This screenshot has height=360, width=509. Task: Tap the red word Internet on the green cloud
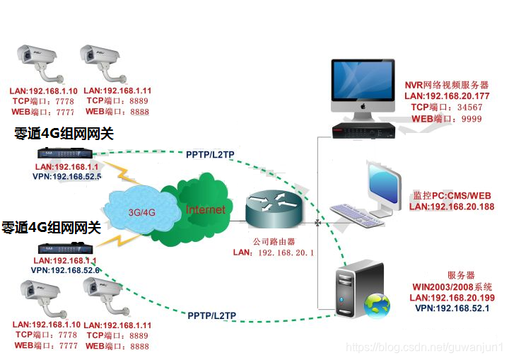[x=205, y=209]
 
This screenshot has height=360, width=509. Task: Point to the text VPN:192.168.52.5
[x=67, y=176]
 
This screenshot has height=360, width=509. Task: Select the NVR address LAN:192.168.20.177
[x=447, y=96]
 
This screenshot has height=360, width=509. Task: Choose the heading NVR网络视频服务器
[x=447, y=84]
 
